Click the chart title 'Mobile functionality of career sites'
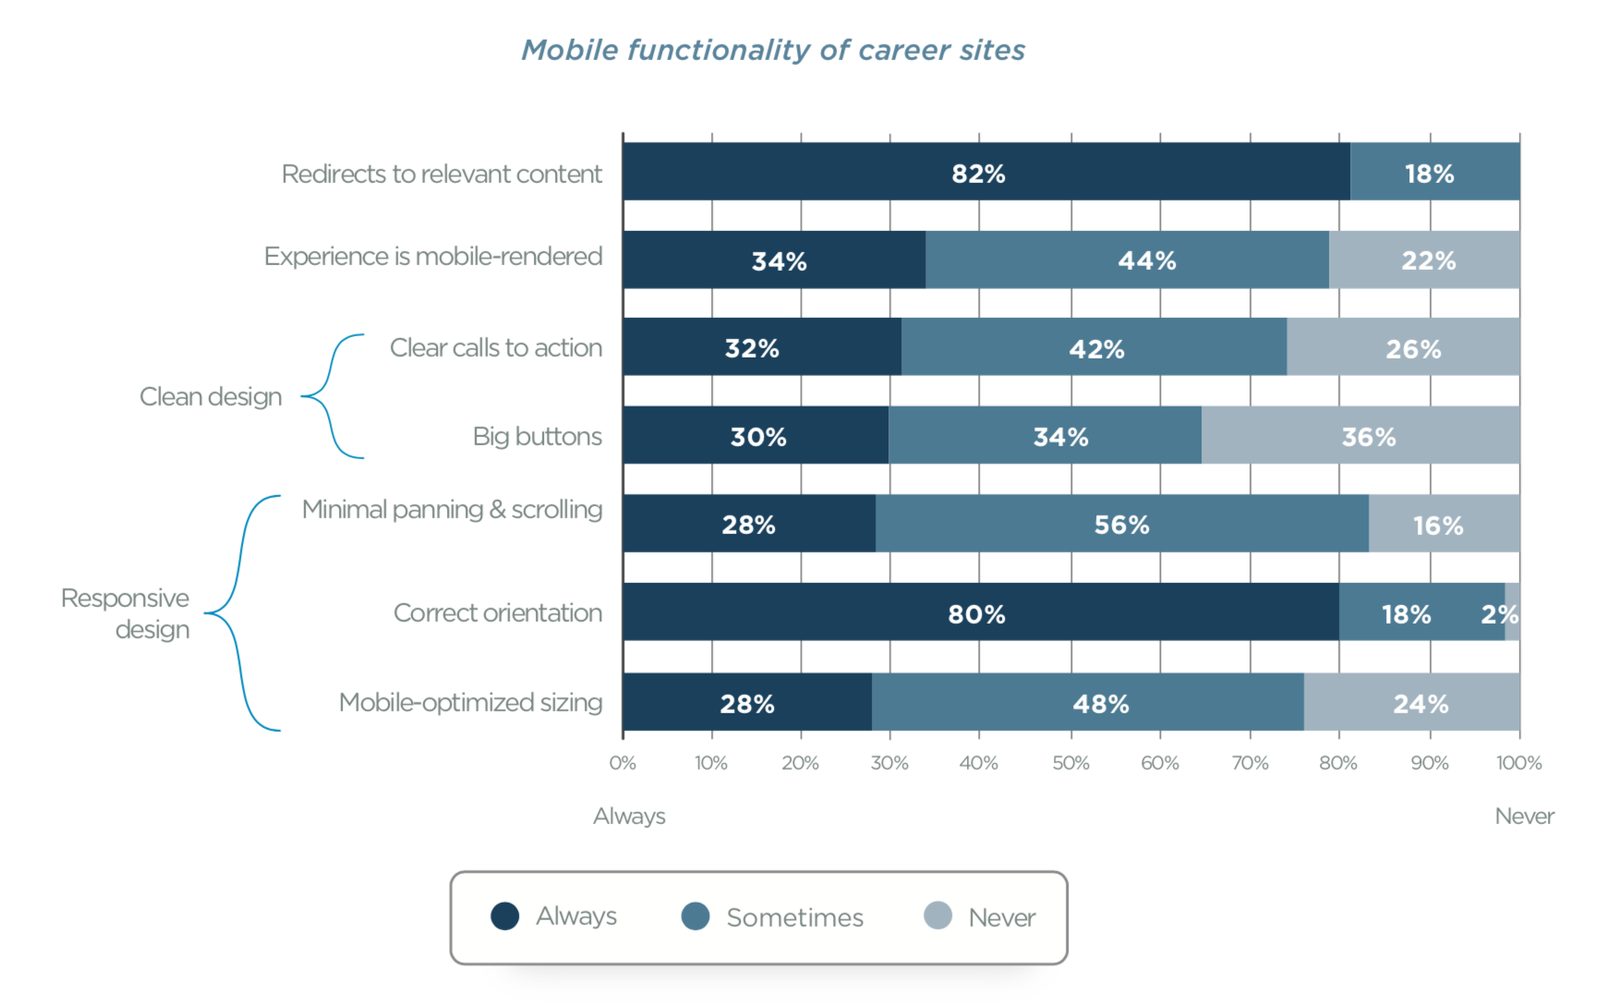point(773,50)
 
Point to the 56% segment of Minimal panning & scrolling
point(1121,524)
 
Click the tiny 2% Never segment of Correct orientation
point(1512,612)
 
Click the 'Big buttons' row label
point(537,436)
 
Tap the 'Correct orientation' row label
point(497,613)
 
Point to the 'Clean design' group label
point(211,396)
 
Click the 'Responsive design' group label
point(127,613)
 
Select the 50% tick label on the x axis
point(1070,763)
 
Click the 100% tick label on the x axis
point(1518,763)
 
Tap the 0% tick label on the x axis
point(622,763)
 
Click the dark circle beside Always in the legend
point(505,916)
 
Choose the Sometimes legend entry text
point(794,917)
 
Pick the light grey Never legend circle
point(937,916)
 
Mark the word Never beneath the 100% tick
point(1524,816)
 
